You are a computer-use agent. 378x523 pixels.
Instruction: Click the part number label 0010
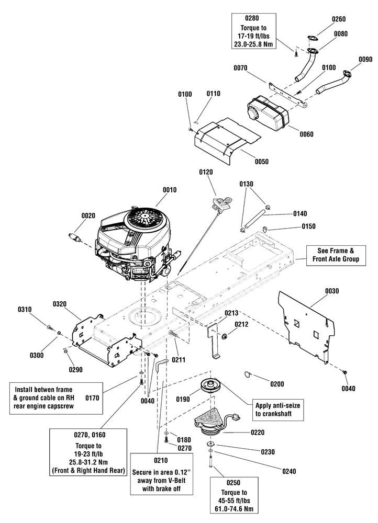pyautogui.click(x=170, y=190)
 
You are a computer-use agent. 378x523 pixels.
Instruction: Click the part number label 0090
pyautogui.click(x=365, y=60)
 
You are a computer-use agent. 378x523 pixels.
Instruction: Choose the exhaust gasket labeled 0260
pyautogui.click(x=313, y=39)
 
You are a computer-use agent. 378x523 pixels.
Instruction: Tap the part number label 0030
pyautogui.click(x=332, y=291)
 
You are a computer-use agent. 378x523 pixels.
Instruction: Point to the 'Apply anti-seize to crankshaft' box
pyautogui.click(x=278, y=410)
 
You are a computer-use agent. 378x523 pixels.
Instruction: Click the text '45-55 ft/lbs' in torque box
pyautogui.click(x=234, y=501)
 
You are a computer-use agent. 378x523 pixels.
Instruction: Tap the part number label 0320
pyautogui.click(x=60, y=304)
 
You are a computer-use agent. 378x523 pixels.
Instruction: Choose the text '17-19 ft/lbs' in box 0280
pyautogui.click(x=254, y=36)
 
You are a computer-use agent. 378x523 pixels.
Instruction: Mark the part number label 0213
pyautogui.click(x=231, y=313)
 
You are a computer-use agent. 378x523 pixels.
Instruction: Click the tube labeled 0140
pyautogui.click(x=257, y=218)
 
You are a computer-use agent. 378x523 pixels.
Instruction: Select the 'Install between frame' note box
pyautogui.click(x=56, y=398)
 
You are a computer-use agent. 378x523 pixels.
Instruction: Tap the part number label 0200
pyautogui.click(x=277, y=384)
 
